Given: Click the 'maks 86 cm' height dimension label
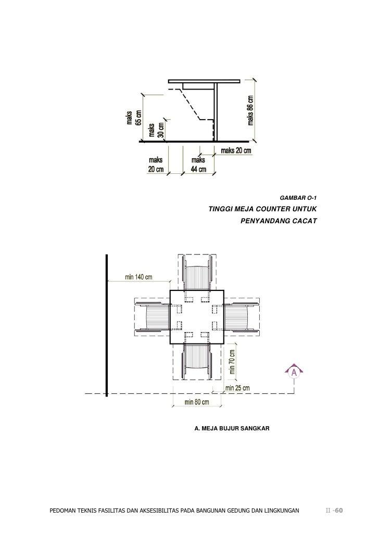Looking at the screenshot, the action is (250, 110).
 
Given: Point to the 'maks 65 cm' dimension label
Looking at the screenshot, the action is (134, 118).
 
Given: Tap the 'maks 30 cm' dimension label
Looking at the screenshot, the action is (156, 130).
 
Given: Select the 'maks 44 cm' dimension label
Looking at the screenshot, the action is (198, 164).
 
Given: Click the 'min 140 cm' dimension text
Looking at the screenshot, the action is (138, 277).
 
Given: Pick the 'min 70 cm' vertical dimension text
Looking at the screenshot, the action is (232, 362).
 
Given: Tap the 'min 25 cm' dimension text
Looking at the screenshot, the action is (237, 388).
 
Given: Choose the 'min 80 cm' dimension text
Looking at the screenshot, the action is (197, 402).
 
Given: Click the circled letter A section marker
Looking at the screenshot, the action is (294, 372).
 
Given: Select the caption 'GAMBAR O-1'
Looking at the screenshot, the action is (298, 198).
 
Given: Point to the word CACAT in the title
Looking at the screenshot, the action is (305, 221).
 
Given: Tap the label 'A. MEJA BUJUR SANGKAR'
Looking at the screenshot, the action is (232, 428).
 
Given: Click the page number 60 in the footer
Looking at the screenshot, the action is (338, 511).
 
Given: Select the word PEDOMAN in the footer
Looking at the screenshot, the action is (62, 511).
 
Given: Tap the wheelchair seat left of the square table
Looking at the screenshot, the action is (158, 317).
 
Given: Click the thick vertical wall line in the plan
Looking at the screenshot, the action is (107, 325).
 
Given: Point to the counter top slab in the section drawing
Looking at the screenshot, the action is (204, 81).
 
